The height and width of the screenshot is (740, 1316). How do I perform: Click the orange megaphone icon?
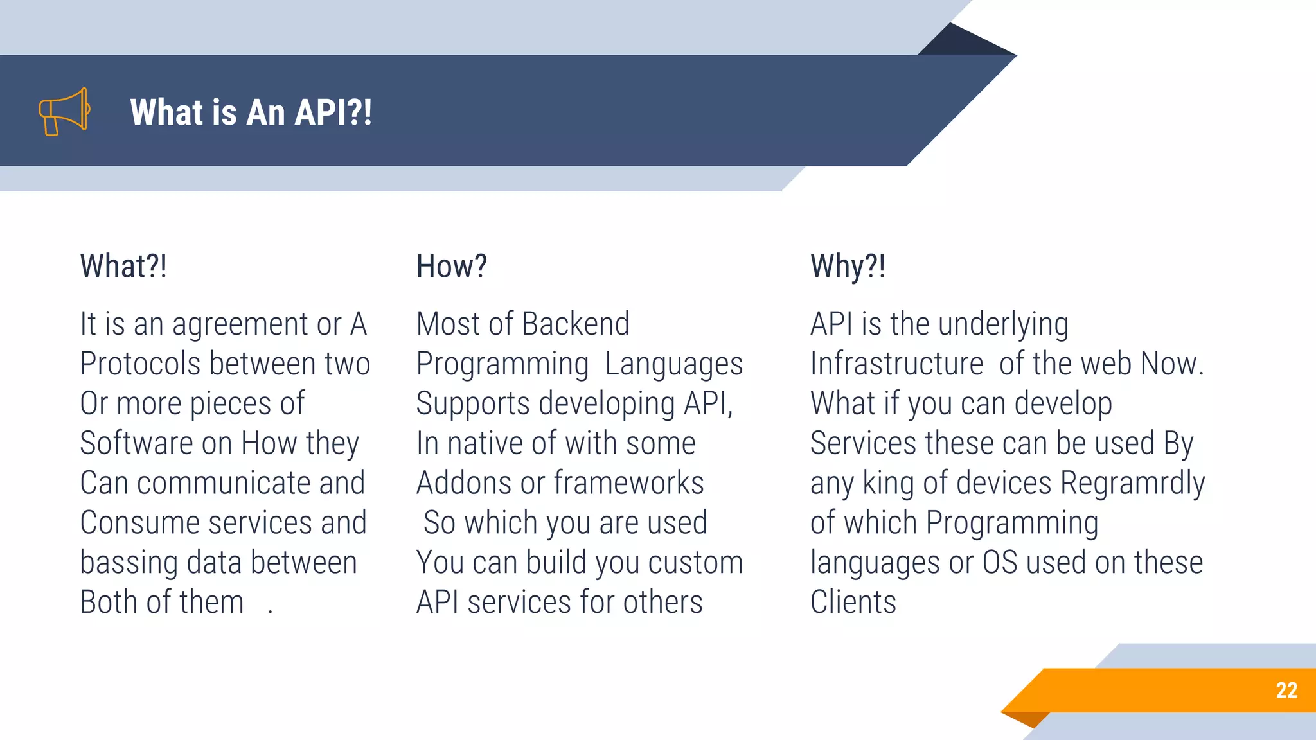click(64, 112)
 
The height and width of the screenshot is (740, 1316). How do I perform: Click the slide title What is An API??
click(251, 112)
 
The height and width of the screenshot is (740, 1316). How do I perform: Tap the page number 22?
click(1286, 691)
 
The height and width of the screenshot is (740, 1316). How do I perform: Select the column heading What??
click(123, 266)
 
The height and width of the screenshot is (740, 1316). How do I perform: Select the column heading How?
click(451, 266)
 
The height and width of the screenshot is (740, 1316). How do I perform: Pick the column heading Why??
click(848, 266)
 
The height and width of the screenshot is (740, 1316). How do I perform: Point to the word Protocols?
click(140, 364)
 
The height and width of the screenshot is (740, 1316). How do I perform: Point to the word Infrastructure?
click(896, 364)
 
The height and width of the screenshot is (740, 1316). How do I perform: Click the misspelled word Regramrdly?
click(1132, 483)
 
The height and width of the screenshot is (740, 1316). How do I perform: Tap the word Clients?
click(853, 603)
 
